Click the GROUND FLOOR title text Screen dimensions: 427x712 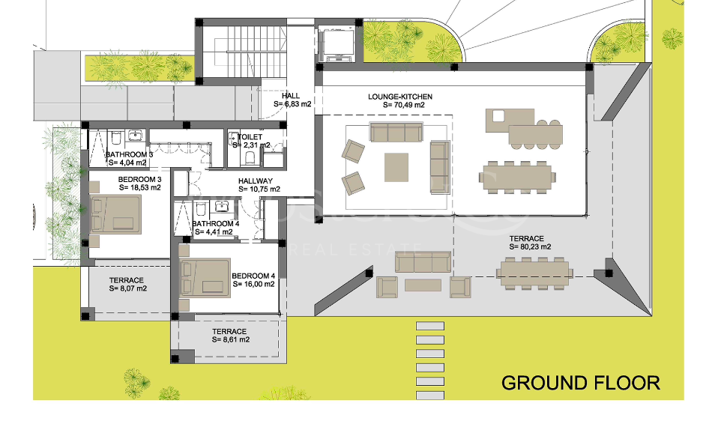(580, 383)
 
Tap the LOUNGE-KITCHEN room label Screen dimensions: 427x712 (399, 97)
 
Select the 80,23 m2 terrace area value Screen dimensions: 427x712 (530, 246)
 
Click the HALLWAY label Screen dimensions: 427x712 (256, 181)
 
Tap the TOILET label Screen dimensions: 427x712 (251, 137)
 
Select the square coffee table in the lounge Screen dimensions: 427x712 (396, 167)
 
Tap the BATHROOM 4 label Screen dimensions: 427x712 (215, 223)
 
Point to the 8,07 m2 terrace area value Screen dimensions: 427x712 (127, 288)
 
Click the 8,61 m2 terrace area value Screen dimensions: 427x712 (231, 339)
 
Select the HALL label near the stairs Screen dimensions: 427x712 (291, 96)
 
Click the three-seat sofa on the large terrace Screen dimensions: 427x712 (423, 261)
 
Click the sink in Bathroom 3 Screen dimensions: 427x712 (136, 136)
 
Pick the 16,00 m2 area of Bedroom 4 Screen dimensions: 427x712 (253, 284)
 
